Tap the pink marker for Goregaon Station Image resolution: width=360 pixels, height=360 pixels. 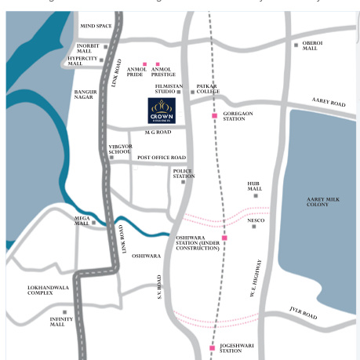(214, 116)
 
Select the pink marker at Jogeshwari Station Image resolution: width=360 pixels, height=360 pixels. (212, 347)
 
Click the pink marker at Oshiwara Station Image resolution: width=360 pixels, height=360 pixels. (224, 237)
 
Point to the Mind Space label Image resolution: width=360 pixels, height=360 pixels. (96, 26)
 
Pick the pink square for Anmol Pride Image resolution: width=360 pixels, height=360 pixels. (144, 64)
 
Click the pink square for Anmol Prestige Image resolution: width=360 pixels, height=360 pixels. (158, 64)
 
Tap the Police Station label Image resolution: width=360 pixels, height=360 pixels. (184, 173)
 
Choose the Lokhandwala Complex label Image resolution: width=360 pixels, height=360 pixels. (50, 290)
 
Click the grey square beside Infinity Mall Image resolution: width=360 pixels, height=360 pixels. (65, 312)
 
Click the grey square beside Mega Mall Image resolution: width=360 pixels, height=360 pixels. (93, 222)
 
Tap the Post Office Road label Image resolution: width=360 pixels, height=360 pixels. (162, 158)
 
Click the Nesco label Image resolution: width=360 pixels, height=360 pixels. (256, 220)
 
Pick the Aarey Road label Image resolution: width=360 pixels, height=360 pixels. (328, 103)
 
